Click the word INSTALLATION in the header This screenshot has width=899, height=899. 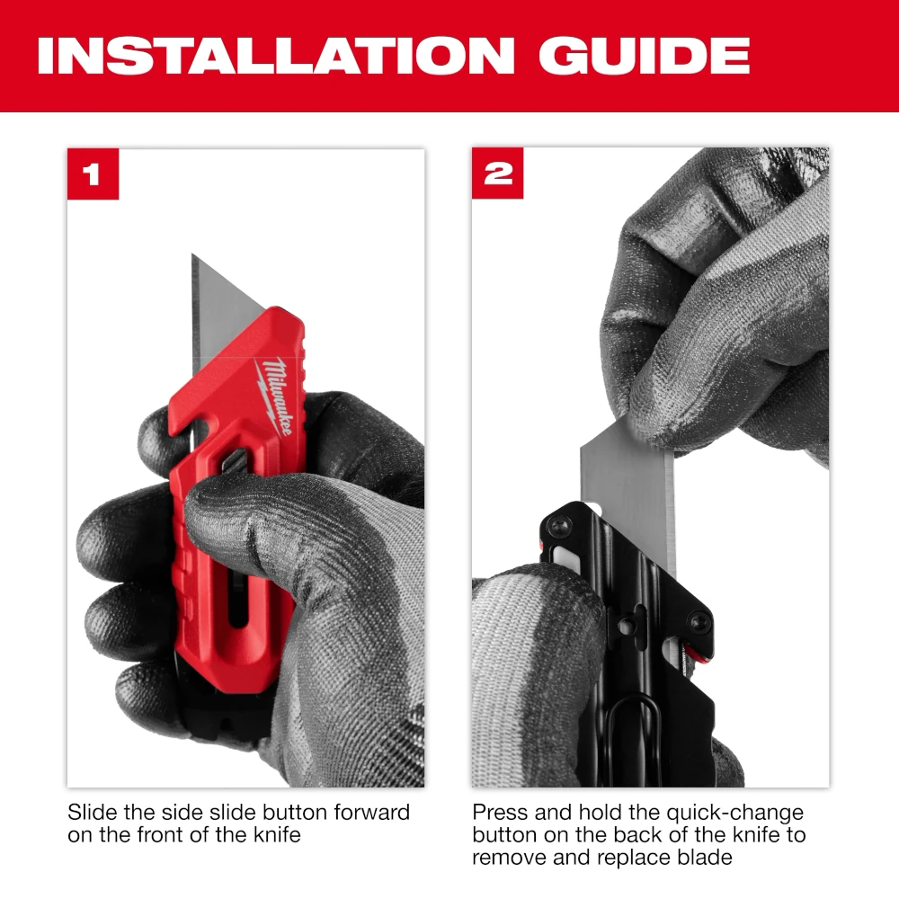276,55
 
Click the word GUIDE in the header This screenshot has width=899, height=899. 645,55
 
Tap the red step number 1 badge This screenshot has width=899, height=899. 93,174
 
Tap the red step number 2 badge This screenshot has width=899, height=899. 498,174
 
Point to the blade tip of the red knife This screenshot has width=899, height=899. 192,254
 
